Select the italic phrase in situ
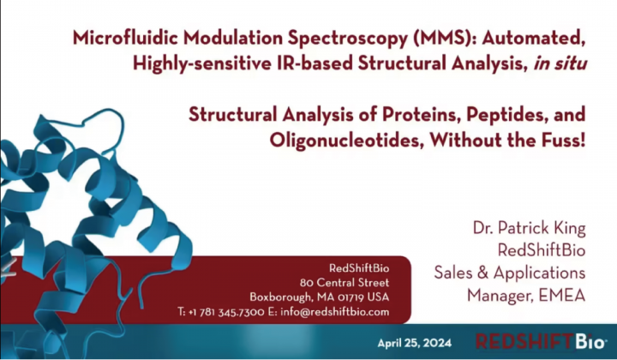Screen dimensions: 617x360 (560, 63)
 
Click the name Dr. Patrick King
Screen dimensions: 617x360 (530, 228)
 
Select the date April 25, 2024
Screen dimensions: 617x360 (415, 343)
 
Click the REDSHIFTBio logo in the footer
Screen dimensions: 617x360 (540, 341)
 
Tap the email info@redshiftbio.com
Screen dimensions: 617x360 (334, 312)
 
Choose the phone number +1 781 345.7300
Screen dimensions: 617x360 (226, 312)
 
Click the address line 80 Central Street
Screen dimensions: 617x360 (344, 283)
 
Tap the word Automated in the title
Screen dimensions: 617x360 (534, 39)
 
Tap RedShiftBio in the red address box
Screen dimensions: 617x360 (359, 268)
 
